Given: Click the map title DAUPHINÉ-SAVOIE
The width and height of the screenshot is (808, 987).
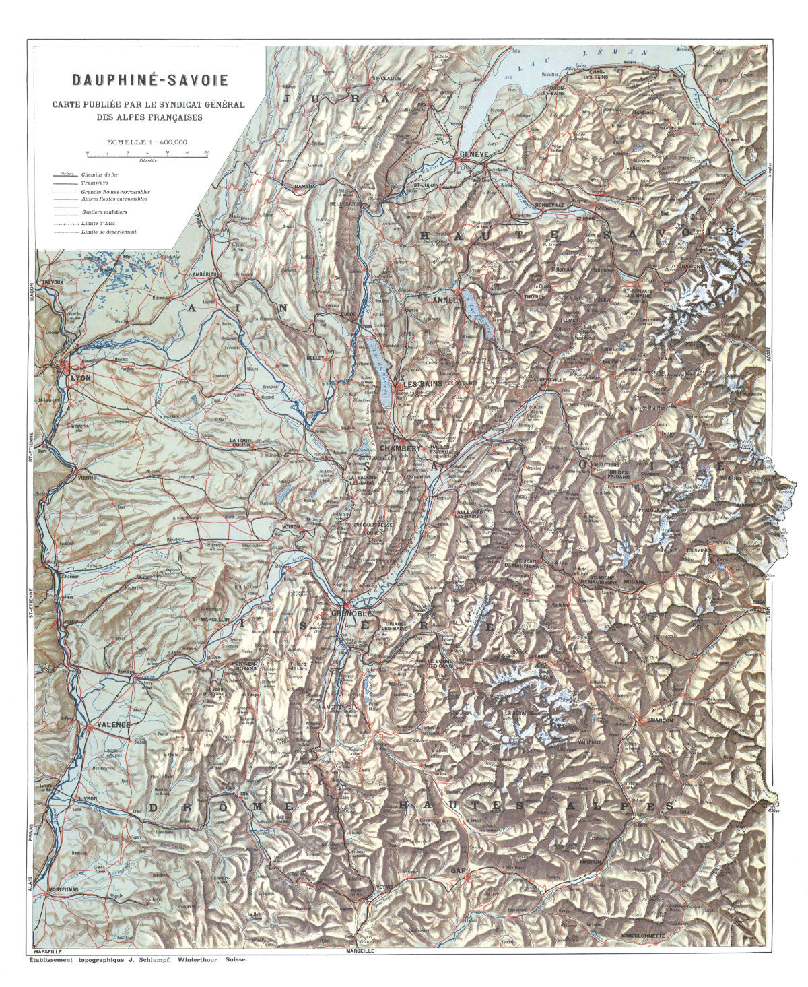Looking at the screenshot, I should tap(150, 80).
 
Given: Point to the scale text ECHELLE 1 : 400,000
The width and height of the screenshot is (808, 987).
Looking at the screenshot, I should tap(146, 142).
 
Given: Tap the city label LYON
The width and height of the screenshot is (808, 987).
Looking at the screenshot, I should tap(80, 378).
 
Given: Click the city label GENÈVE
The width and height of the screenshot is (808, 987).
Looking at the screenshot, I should tap(473, 154).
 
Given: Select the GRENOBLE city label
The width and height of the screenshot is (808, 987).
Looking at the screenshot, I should tap(351, 614).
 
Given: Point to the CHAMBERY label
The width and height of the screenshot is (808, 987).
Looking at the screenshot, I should tap(400, 448).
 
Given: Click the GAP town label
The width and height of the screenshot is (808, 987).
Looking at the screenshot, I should tap(458, 870).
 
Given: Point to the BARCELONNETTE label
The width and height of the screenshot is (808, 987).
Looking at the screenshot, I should tap(643, 936).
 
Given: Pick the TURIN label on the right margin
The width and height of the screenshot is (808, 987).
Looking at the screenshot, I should tap(767, 616).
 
